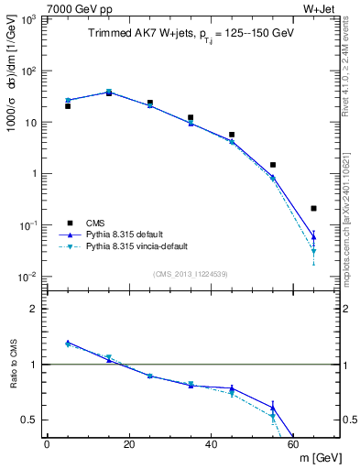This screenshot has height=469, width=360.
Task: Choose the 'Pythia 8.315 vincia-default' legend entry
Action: (x=141, y=246)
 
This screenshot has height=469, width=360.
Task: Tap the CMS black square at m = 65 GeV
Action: (x=314, y=209)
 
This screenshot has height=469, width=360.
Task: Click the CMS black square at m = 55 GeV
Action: (x=273, y=165)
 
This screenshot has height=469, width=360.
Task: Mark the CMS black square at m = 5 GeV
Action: (x=68, y=106)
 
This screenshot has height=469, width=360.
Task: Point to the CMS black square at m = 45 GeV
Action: (x=232, y=135)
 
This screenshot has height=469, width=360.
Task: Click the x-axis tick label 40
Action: (x=212, y=444)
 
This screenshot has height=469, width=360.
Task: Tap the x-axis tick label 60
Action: (x=293, y=444)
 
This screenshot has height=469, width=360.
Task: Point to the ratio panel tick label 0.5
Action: (x=33, y=420)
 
